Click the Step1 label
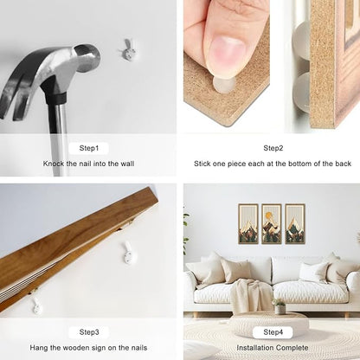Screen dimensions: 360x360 tap(89, 148)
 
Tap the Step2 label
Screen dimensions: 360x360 tap(273, 148)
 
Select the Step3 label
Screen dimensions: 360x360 tap(89, 332)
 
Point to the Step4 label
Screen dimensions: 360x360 tap(273, 332)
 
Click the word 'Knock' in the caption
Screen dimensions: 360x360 tap(54, 164)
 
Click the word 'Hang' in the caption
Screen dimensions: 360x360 tap(39, 348)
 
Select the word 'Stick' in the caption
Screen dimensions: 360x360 tap(202, 164)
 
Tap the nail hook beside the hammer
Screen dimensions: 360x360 tap(128, 50)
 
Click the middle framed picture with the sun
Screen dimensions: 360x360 tap(272, 224)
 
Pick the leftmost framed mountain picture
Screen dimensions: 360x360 tap(248, 224)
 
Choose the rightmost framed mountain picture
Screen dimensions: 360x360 tap(295, 224)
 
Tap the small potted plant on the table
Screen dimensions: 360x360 tap(280, 306)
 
